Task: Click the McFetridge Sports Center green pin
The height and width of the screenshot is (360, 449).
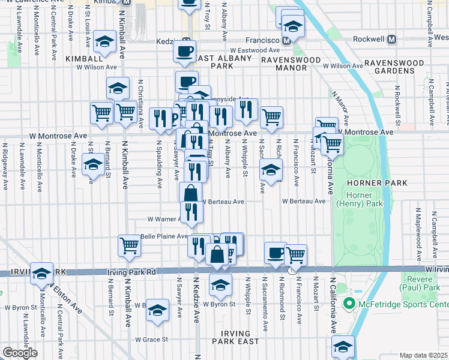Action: click(x=348, y=305)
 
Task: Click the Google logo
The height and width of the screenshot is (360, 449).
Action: click(x=20, y=353)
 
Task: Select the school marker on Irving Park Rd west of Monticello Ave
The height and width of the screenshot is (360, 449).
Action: click(x=41, y=274)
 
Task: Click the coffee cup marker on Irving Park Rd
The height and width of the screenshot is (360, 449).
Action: click(x=276, y=253)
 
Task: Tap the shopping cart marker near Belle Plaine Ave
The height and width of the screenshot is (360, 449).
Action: click(x=130, y=245)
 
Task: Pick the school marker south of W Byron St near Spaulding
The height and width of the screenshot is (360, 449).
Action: click(x=158, y=310)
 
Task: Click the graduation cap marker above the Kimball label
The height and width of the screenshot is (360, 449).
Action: click(x=105, y=41)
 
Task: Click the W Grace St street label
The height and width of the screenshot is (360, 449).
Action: click(x=151, y=340)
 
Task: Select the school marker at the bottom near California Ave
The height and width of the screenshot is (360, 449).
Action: click(x=343, y=346)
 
